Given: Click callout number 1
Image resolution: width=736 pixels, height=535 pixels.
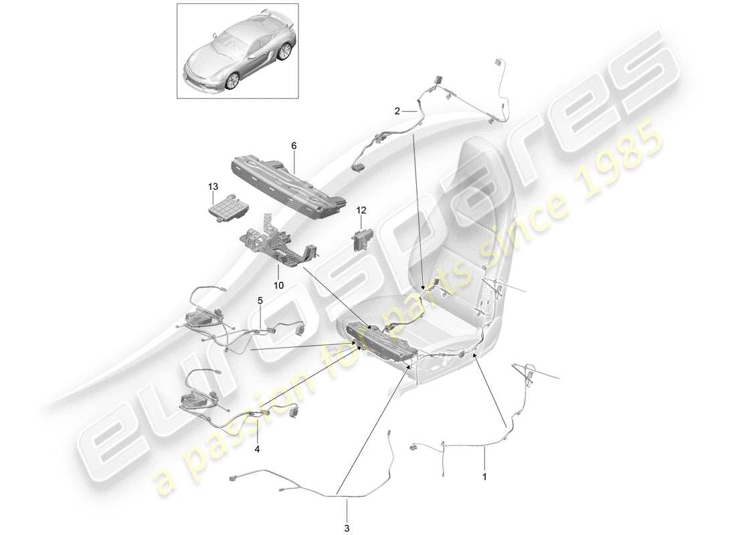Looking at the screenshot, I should point(485,478).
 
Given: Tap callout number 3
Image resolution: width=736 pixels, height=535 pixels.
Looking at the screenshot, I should point(347,528).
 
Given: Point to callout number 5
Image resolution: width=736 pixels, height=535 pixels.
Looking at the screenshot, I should point(260,301).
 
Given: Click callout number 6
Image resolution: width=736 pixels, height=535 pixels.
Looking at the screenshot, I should point(293,145).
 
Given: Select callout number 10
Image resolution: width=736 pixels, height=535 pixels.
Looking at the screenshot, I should point(278,285).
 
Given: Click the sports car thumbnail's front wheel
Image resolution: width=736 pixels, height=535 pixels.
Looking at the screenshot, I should point(233,80).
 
